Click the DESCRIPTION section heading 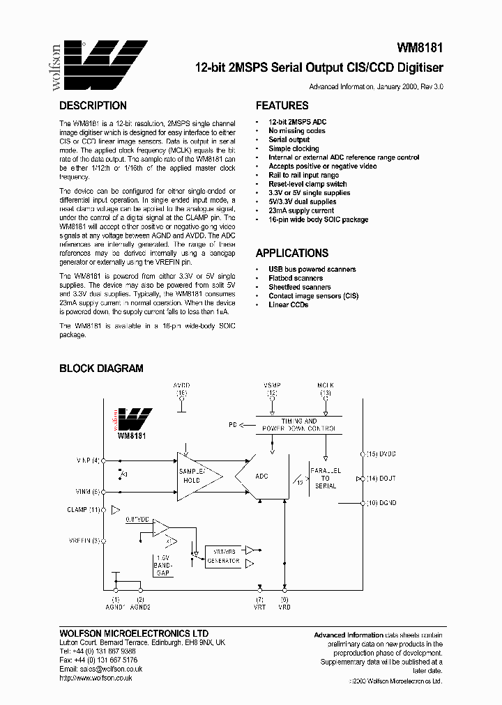pos(93,106)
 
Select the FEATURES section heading pos(282,106)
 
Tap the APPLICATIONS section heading pos(291,253)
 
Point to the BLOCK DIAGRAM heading pos(101,369)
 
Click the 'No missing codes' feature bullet pos(296,131)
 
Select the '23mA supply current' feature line pos(302,210)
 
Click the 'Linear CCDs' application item pos(288,305)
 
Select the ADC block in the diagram pos(261,477)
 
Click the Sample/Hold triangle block pos(195,476)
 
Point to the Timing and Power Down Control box pos(298,425)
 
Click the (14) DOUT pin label pos(380,479)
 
